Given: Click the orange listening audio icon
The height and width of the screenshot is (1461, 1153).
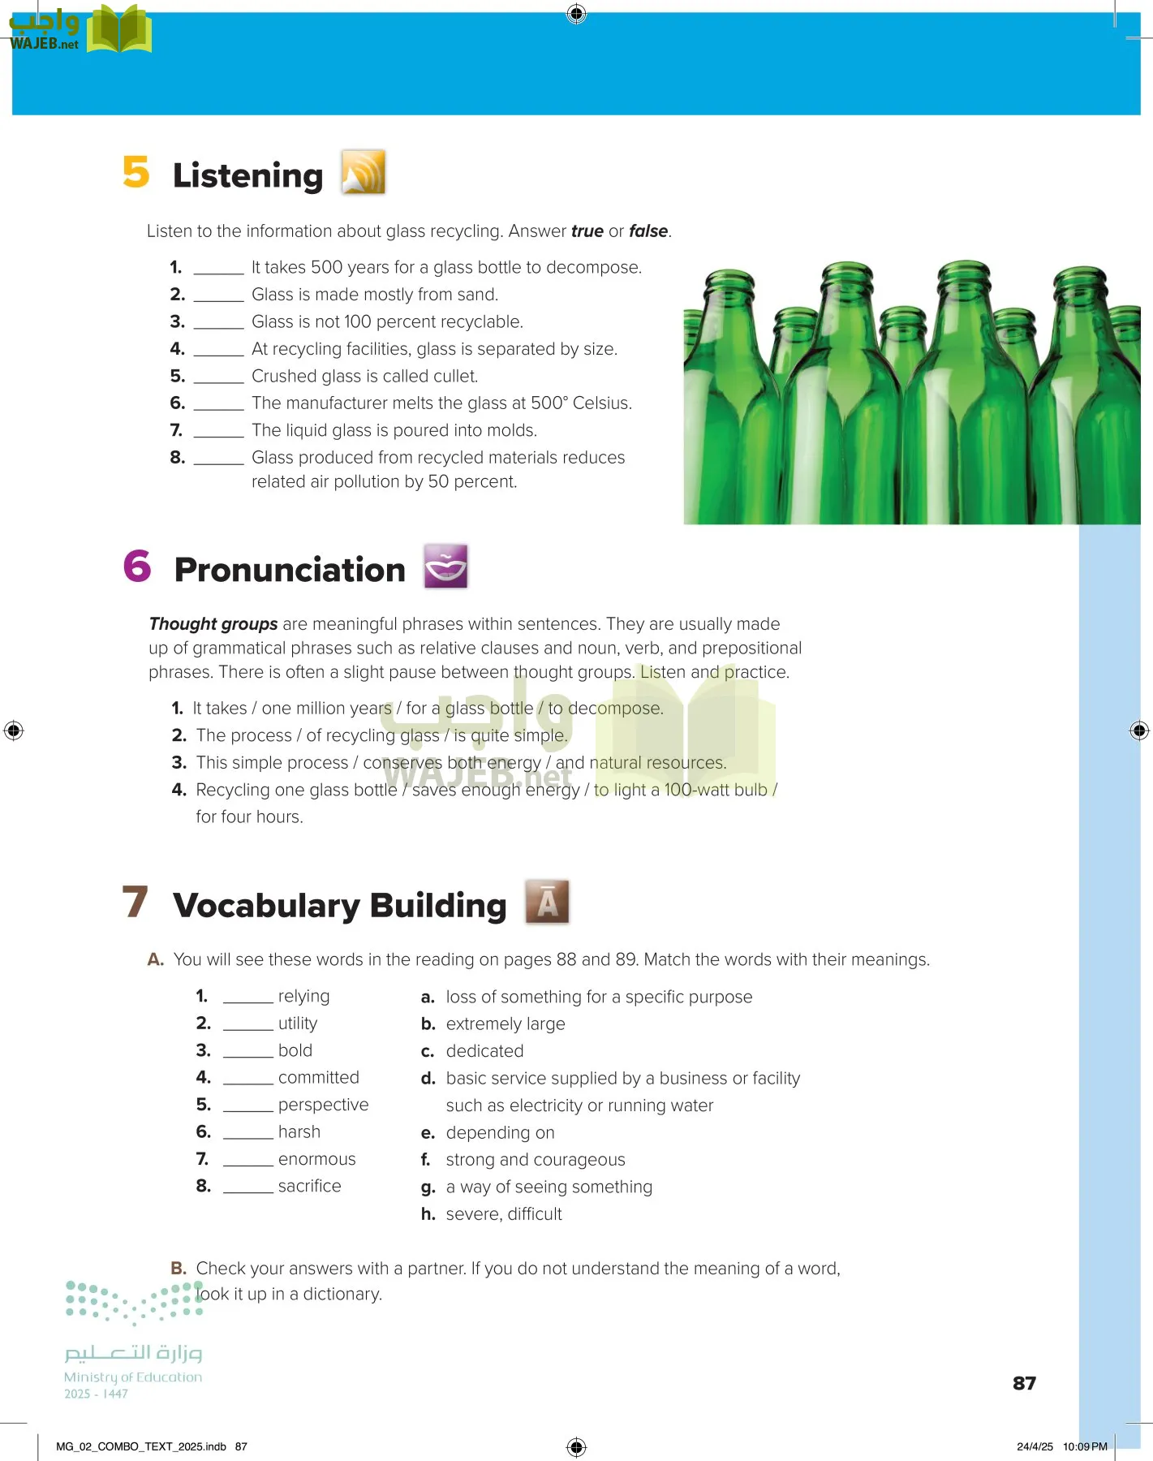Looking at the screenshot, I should (363, 172).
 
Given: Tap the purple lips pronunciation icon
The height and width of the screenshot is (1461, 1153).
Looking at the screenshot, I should (445, 567).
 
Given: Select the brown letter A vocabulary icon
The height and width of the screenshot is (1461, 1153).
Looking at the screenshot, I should (547, 902).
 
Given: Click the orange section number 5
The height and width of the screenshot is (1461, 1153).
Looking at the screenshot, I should (136, 172).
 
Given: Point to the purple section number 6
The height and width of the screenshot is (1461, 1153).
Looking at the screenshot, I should (137, 567).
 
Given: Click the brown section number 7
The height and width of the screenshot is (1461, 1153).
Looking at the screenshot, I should (136, 902).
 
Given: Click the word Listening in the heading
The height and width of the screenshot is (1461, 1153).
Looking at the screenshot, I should (247, 175).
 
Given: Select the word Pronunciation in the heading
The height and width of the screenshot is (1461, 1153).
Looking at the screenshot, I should (290, 570).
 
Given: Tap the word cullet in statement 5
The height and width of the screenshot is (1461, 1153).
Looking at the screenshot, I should (454, 376).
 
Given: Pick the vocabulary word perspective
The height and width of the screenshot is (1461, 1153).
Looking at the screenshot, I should (323, 1105).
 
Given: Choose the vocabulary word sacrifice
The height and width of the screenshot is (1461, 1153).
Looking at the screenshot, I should (309, 1186).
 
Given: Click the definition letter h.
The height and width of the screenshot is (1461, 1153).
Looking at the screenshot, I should (428, 1214).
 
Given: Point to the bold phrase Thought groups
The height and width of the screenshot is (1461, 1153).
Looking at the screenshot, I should (213, 624).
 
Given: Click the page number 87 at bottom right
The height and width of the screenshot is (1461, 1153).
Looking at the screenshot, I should (1024, 1383).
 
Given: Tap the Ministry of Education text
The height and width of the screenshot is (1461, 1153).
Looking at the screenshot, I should (133, 1377).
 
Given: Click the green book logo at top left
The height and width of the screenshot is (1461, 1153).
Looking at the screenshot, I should (119, 30).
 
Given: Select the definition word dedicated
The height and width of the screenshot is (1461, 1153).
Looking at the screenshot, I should (484, 1051).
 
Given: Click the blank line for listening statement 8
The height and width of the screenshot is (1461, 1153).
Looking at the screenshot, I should (218, 460).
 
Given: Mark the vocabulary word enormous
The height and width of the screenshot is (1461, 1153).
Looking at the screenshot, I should (316, 1159).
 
